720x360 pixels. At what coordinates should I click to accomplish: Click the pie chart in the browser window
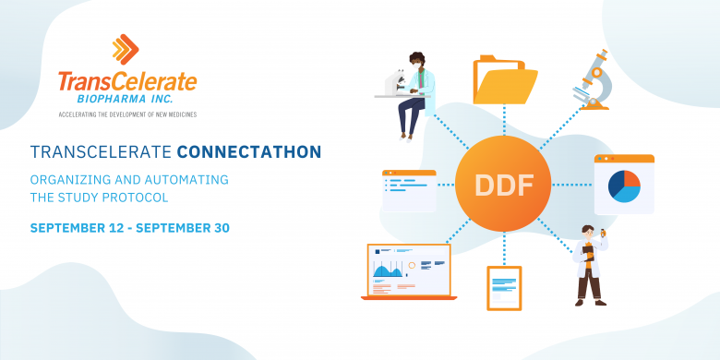coord(624,186)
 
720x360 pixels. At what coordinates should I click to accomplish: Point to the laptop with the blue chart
coord(407,271)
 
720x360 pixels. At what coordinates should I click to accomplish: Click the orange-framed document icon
coord(504,287)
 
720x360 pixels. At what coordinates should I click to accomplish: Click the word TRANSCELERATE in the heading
coord(100,150)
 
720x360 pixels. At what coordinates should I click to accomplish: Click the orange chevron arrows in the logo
coord(127,49)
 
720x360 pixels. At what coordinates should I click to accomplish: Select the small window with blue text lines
coord(408,190)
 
